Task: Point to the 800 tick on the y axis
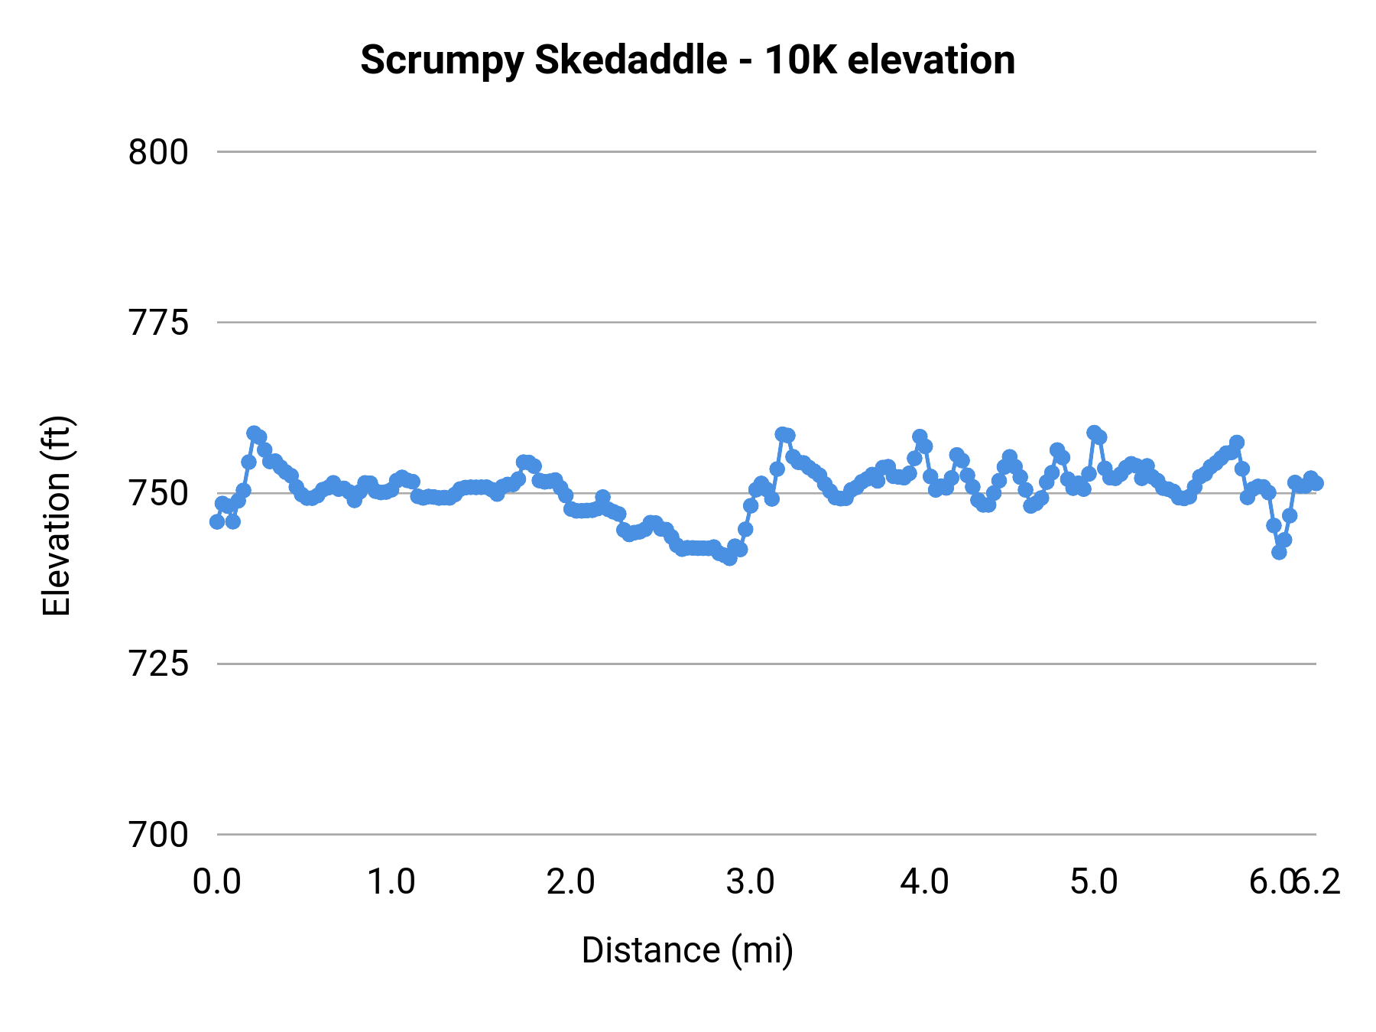pyautogui.click(x=157, y=152)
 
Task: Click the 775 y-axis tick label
pyautogui.click(x=157, y=323)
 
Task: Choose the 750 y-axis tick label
pyautogui.click(x=157, y=494)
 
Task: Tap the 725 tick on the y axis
pyautogui.click(x=157, y=664)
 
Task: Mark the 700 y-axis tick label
pyautogui.click(x=157, y=835)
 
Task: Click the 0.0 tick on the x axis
pyautogui.click(x=217, y=882)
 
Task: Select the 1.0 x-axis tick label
pyautogui.click(x=391, y=882)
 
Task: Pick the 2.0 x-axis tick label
pyautogui.click(x=570, y=882)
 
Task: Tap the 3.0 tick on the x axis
pyautogui.click(x=750, y=882)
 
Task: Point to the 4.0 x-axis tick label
pyautogui.click(x=924, y=882)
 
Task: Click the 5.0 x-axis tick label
pyautogui.click(x=1094, y=882)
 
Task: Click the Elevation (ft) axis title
pyautogui.click(x=57, y=516)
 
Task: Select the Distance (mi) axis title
pyautogui.click(x=687, y=950)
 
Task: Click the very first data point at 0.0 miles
pyautogui.click(x=217, y=521)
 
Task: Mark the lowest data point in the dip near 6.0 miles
pyautogui.click(x=1279, y=552)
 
